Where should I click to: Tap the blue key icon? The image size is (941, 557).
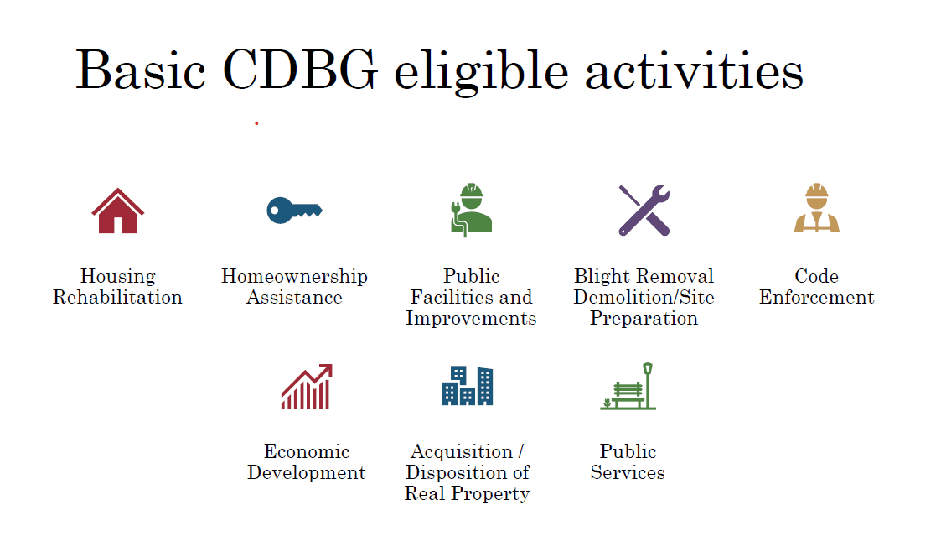point(294,210)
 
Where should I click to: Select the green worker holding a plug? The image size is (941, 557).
point(470,210)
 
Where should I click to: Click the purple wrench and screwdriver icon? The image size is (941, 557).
point(644,210)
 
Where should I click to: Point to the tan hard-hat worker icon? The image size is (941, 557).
point(816,209)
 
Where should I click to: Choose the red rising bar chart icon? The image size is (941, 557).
point(307,387)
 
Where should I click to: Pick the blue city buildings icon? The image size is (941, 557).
point(467,386)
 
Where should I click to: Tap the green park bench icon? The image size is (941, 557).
point(628,387)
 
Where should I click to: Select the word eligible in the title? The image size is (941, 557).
point(482,71)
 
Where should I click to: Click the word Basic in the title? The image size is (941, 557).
point(141,71)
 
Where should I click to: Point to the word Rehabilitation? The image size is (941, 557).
point(117,298)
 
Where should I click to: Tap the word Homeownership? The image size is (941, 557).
point(294,276)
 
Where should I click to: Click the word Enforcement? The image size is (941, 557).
point(816,298)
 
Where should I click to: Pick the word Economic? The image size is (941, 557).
point(307,452)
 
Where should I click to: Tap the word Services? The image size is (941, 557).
point(628,473)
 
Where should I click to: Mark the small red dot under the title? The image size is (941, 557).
point(256,123)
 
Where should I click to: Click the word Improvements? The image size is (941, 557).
point(471,319)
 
